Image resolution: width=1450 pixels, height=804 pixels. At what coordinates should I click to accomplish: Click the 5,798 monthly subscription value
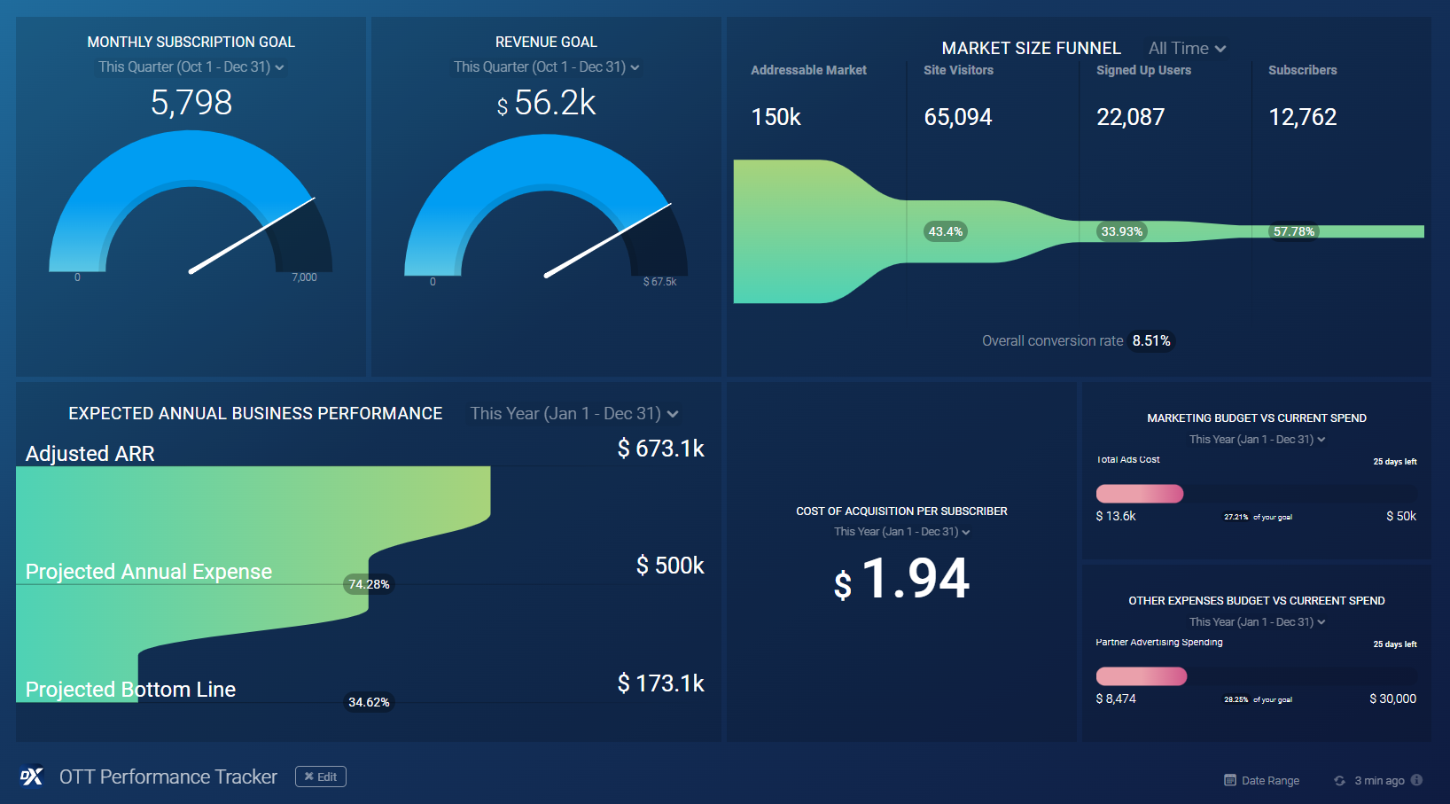191,103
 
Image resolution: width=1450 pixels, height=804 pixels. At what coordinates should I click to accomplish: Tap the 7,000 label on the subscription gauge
304,277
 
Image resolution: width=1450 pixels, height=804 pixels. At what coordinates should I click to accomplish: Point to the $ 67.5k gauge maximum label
659,282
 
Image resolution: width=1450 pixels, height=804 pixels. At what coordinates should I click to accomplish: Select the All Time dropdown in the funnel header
1187,49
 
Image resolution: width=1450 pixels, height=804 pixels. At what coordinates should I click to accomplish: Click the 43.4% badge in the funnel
945,232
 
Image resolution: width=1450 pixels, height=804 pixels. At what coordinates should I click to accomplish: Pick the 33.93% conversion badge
1121,232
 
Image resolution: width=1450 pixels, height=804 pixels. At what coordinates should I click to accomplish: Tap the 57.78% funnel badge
1293,232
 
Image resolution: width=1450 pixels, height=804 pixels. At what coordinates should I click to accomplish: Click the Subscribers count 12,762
1302,117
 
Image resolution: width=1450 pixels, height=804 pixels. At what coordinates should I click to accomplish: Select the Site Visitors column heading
958,70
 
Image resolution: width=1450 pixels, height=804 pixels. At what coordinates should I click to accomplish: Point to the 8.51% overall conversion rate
1150,341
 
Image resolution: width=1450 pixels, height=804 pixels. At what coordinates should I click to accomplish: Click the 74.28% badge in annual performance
369,584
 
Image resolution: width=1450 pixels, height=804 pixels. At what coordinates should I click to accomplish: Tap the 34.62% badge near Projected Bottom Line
369,702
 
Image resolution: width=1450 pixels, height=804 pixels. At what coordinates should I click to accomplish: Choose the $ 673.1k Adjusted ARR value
660,449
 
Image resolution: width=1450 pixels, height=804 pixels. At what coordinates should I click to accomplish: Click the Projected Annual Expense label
149,572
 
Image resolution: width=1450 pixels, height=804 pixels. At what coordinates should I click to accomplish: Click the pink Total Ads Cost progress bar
1140,494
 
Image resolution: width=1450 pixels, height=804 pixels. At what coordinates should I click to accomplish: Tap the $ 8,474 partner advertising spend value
1116,699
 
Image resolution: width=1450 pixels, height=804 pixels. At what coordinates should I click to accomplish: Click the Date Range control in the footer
1262,781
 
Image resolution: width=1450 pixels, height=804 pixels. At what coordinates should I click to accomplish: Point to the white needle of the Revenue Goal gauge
607,240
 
